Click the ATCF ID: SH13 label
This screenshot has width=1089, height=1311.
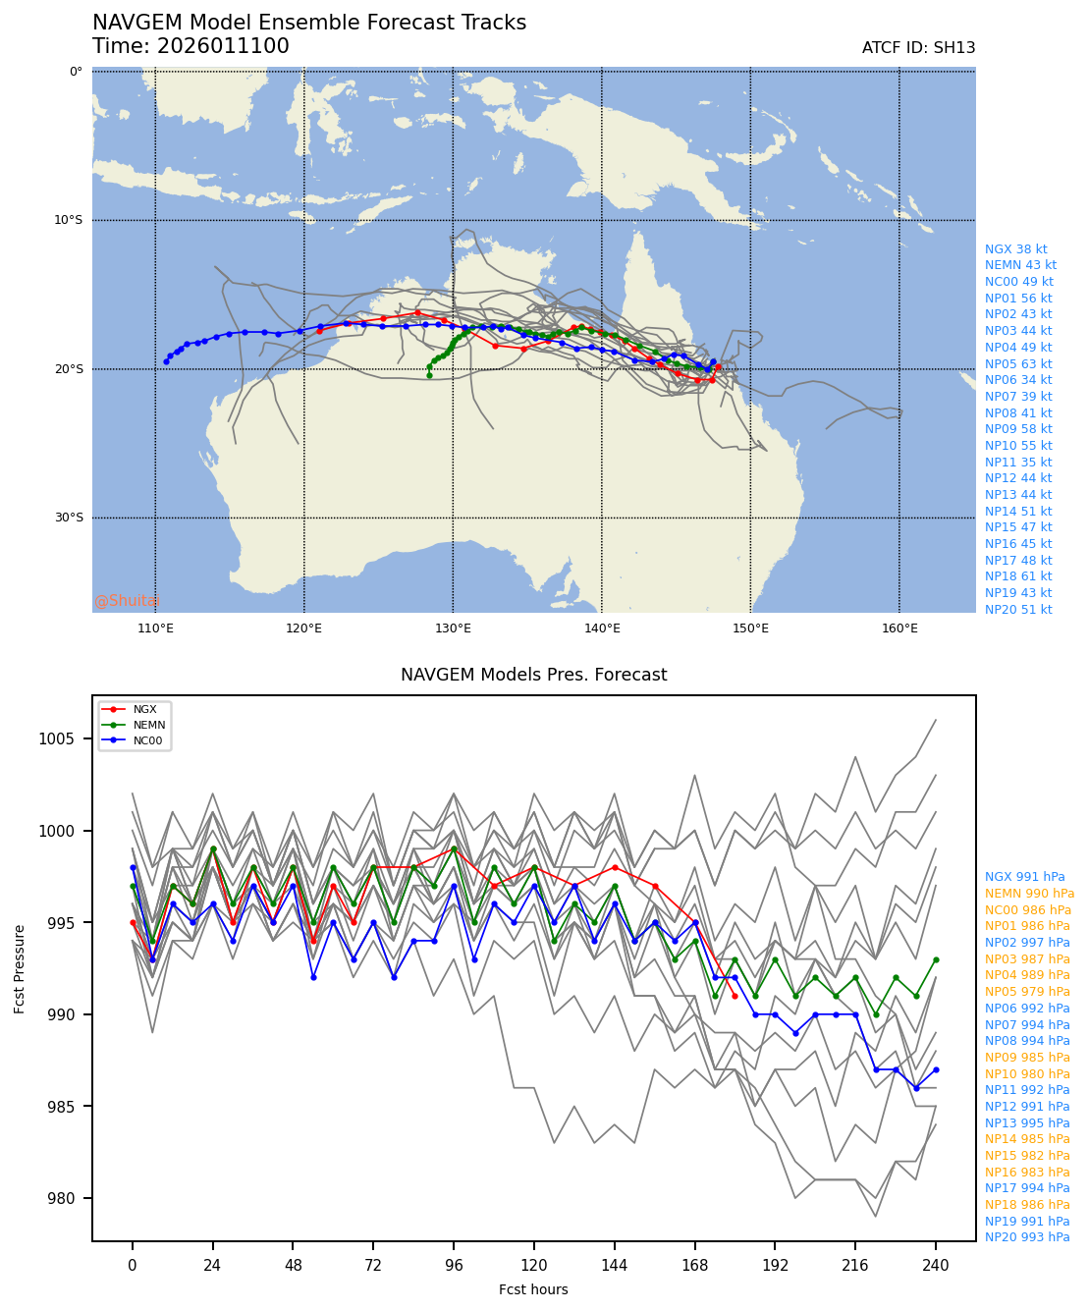[918, 48]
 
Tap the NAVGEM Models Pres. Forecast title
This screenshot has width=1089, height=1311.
[533, 676]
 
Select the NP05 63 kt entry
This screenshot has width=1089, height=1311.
[1018, 364]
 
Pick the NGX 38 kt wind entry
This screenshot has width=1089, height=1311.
[1015, 249]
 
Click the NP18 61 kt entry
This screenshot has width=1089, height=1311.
[1018, 576]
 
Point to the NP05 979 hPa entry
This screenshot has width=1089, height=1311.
[1027, 992]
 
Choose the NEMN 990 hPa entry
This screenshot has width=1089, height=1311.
[1029, 894]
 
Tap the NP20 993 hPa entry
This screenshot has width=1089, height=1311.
[1027, 1237]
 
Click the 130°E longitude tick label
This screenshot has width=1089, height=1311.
[453, 628]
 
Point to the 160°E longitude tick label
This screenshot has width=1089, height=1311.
[899, 628]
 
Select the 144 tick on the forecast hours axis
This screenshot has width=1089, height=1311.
[614, 1266]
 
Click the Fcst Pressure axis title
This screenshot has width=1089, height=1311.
[20, 967]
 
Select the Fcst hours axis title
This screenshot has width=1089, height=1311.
[533, 1289]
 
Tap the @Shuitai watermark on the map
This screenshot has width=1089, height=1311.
[127, 601]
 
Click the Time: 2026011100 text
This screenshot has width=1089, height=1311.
[191, 46]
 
